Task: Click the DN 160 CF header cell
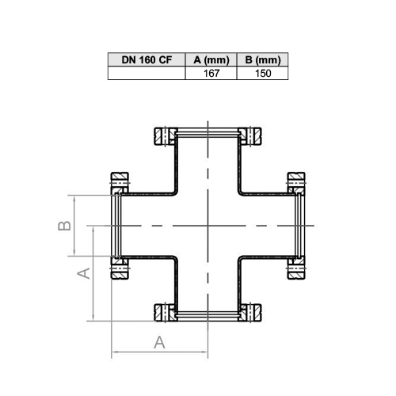point(147,59)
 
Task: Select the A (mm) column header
point(211,59)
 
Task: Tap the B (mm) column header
point(263,59)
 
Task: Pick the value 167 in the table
point(211,73)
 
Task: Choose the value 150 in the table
point(263,73)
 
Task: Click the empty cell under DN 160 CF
point(147,73)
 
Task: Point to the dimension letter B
point(64,226)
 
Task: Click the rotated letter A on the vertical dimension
point(84,273)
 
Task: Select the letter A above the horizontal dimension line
point(159,342)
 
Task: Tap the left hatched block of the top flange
point(166,136)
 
